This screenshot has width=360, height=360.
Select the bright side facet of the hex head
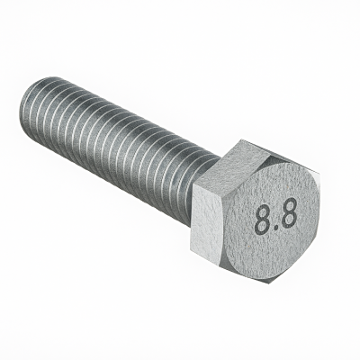[208, 223]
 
